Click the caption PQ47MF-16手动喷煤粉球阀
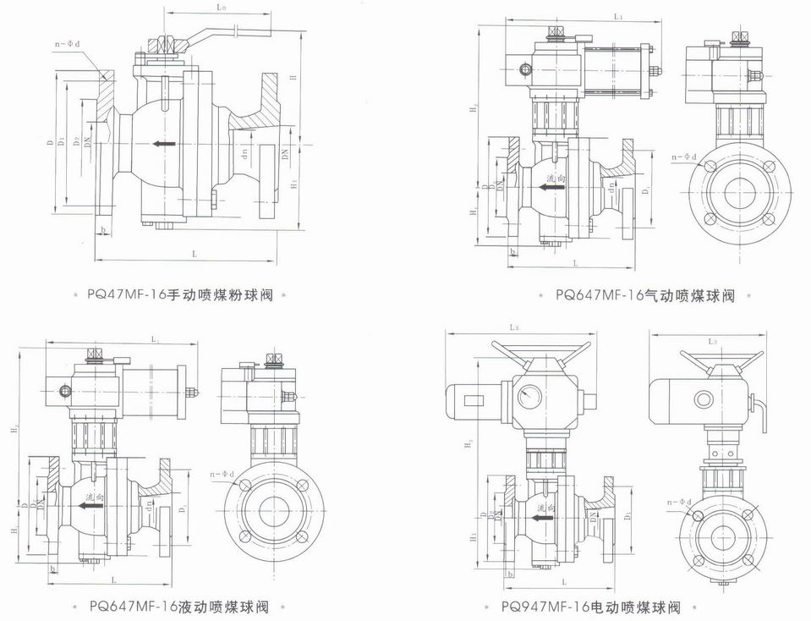[x=183, y=295]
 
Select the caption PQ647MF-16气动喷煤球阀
[x=645, y=295]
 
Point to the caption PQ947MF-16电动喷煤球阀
[x=590, y=607]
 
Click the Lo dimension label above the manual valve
[x=222, y=8]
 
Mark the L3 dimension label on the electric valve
[x=514, y=327]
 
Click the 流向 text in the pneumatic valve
[x=555, y=179]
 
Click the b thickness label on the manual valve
[x=102, y=229]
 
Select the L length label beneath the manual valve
[x=195, y=253]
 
